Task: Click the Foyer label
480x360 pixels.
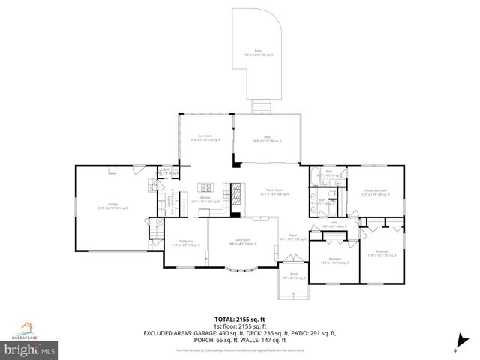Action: [294, 238]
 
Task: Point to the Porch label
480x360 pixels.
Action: [294, 277]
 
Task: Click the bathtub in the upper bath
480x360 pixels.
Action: [313, 178]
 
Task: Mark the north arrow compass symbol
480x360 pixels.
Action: [456, 346]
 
